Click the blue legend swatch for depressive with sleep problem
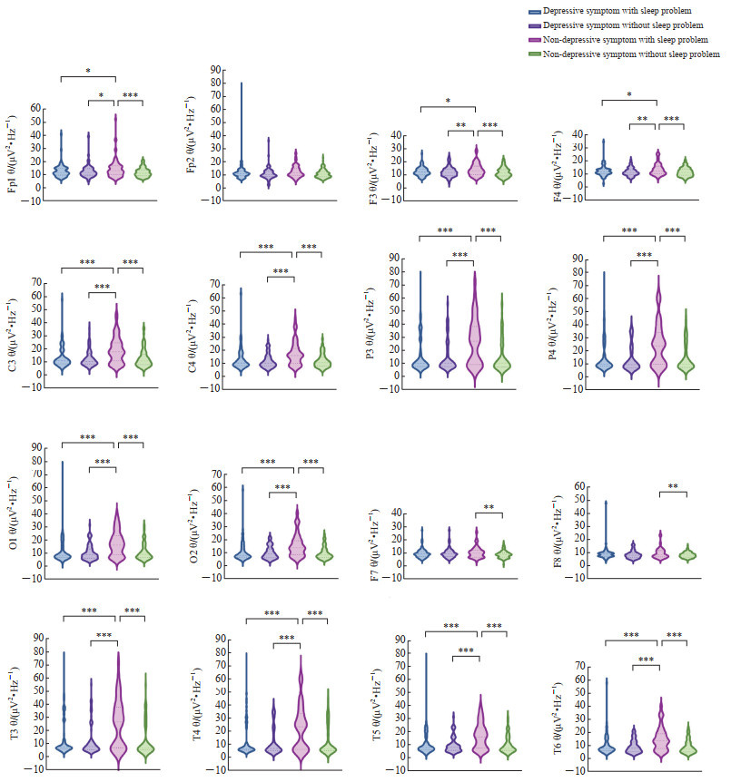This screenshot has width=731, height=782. point(535,10)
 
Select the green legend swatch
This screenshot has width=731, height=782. point(535,54)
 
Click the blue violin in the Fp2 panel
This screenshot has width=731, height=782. point(242,172)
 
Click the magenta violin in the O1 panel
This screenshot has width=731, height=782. point(116,544)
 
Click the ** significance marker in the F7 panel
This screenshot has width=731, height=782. point(489,507)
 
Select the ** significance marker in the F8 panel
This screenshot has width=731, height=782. point(672,486)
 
